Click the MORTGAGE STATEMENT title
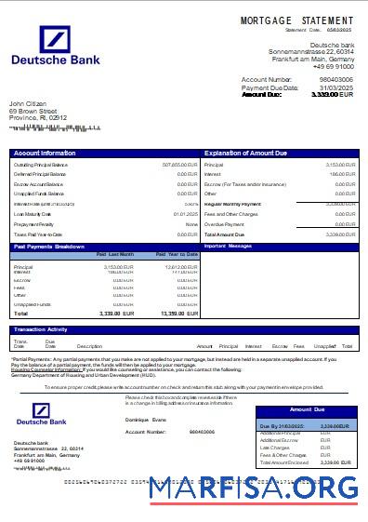click(296, 20)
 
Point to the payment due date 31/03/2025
click(335, 87)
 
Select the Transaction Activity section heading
click(41, 329)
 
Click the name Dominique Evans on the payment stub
click(143, 421)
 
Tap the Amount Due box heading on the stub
click(307, 409)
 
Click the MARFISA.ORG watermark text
click(253, 488)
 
